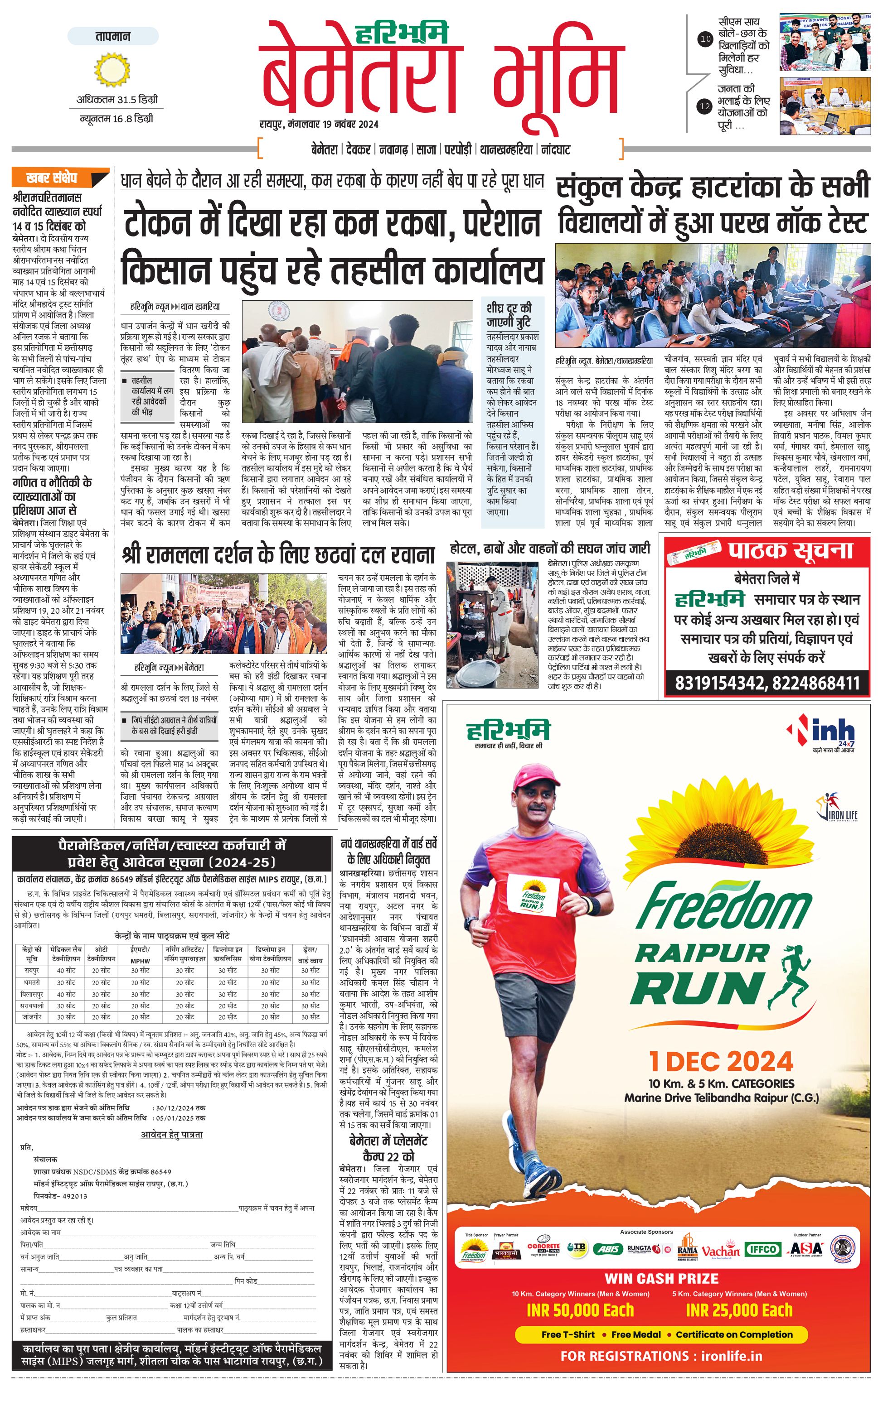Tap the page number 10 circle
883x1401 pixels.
tap(705, 39)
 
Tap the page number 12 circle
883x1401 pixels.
tap(705, 106)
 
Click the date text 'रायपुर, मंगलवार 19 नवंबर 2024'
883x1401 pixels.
tap(319, 124)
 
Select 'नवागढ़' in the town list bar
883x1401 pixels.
tap(393, 149)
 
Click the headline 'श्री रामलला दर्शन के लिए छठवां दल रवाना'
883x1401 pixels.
tap(278, 554)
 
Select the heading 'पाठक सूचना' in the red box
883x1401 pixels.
tap(790, 550)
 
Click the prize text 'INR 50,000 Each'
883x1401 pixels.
tap(580, 1310)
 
